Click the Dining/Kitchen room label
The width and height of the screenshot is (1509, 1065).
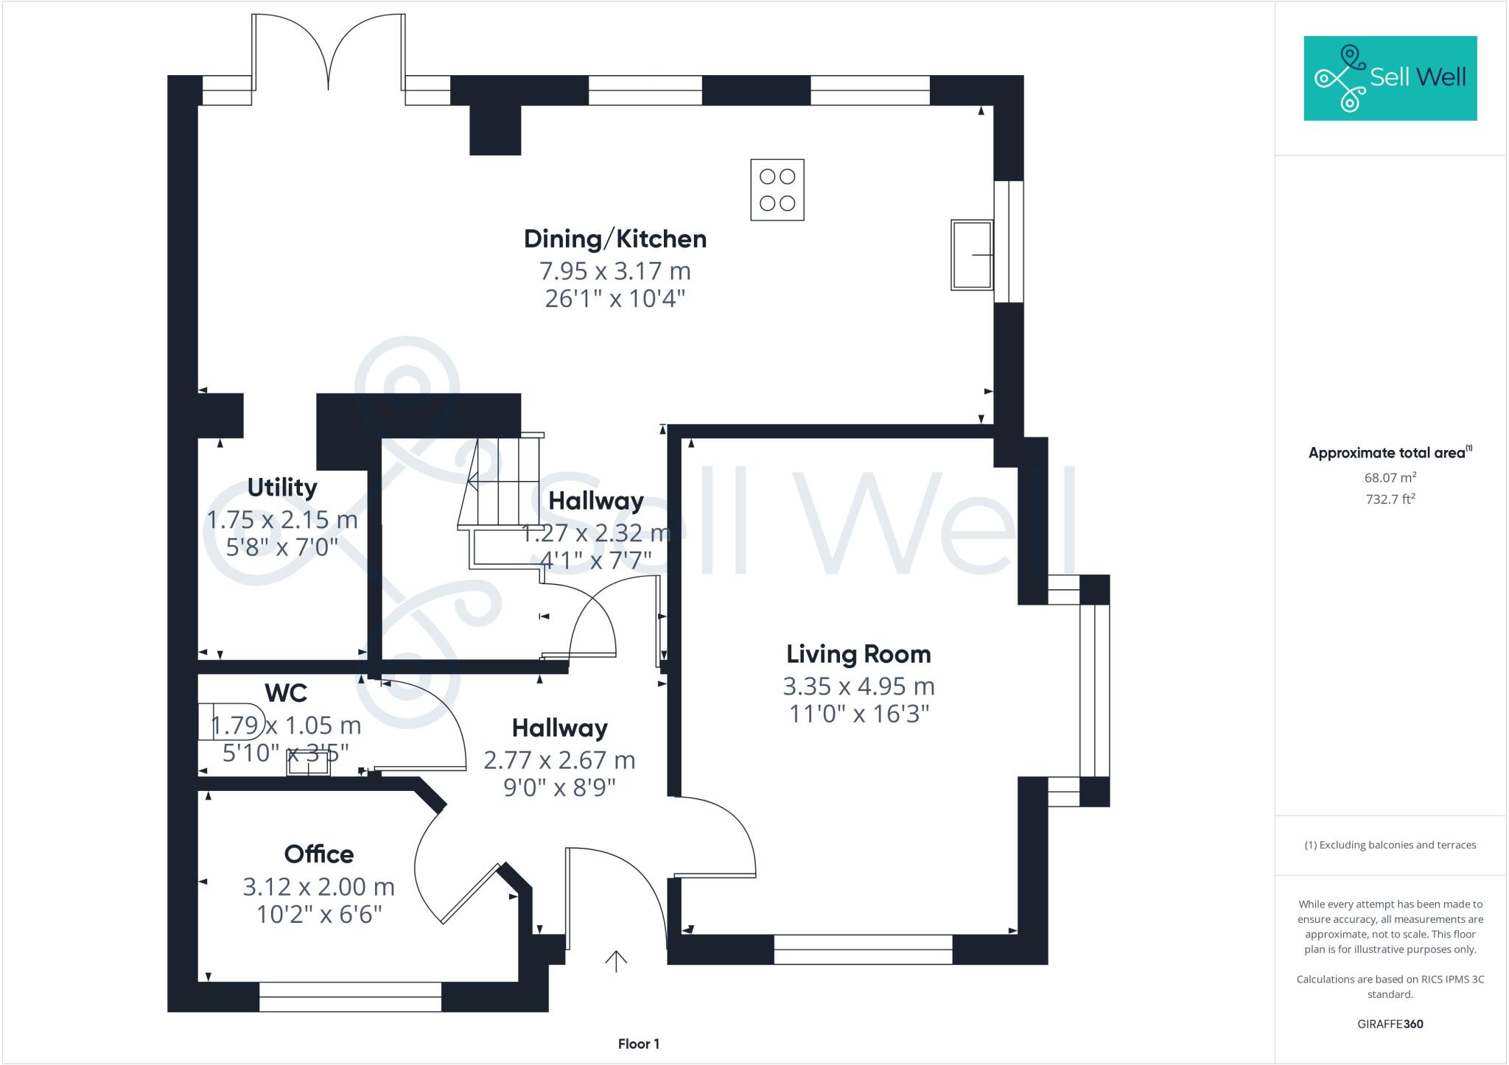(x=615, y=239)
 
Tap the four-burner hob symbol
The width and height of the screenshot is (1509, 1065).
(x=777, y=189)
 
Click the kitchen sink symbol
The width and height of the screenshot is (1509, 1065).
(x=970, y=254)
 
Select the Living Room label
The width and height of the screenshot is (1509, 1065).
(x=858, y=654)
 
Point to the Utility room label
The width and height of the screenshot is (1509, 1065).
(x=281, y=488)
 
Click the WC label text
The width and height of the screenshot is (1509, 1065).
(x=285, y=693)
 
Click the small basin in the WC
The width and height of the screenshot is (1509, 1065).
(x=309, y=766)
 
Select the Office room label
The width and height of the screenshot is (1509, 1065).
(x=318, y=854)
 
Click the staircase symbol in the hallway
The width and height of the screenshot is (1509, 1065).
(x=501, y=486)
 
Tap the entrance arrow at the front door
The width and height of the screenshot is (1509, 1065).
(x=615, y=960)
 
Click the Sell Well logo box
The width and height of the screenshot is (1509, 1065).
(x=1390, y=78)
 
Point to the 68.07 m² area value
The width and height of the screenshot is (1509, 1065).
(x=1390, y=477)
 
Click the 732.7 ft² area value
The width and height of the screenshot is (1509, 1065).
(x=1390, y=499)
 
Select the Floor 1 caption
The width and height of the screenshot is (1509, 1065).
(x=638, y=1044)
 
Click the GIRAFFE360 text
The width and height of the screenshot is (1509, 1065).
(x=1390, y=1024)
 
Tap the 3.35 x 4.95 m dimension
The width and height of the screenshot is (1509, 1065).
(x=858, y=686)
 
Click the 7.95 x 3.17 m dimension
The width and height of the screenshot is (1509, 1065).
(x=615, y=271)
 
